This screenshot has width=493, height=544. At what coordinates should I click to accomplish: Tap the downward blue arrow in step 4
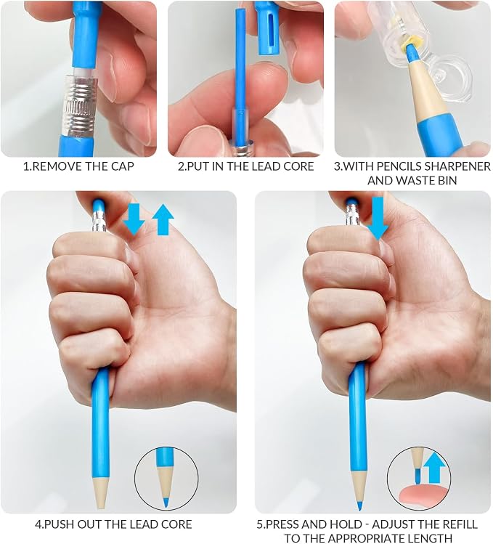click(x=134, y=219)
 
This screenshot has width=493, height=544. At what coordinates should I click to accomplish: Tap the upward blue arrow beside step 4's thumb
click(x=163, y=220)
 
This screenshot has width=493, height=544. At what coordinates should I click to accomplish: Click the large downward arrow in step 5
click(x=378, y=219)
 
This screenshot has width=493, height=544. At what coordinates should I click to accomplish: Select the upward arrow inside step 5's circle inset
click(x=434, y=469)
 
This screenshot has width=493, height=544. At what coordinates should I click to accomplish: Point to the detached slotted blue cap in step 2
click(x=268, y=29)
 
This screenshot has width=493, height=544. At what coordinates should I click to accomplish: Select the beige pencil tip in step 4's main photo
click(x=100, y=492)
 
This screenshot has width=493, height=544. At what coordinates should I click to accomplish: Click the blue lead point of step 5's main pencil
click(x=359, y=506)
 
